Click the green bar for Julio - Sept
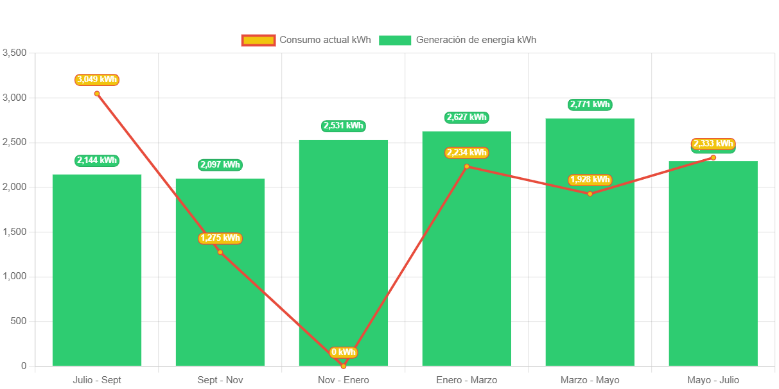pyautogui.click(x=96, y=270)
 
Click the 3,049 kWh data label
pyautogui.click(x=97, y=80)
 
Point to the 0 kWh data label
pyautogui.click(x=343, y=352)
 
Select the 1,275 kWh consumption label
pyautogui.click(x=220, y=238)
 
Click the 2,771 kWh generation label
pyautogui.click(x=590, y=105)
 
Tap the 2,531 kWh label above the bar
pyautogui.click(x=344, y=126)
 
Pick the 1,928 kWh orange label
pyautogui.click(x=590, y=180)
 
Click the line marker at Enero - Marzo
pyautogui.click(x=467, y=167)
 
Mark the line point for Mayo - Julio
pyautogui.click(x=713, y=158)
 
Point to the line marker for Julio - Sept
pyautogui.click(x=97, y=94)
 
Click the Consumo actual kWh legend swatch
pyautogui.click(x=258, y=40)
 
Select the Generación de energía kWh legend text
pyautogui.click(x=476, y=40)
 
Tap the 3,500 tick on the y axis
pyautogui.click(x=14, y=53)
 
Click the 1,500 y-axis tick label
pyautogui.click(x=14, y=232)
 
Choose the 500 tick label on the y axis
pyautogui.click(x=18, y=321)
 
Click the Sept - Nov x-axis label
pyautogui.click(x=220, y=380)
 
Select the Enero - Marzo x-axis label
pyautogui.click(x=466, y=380)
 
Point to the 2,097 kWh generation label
pyautogui.click(x=220, y=165)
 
